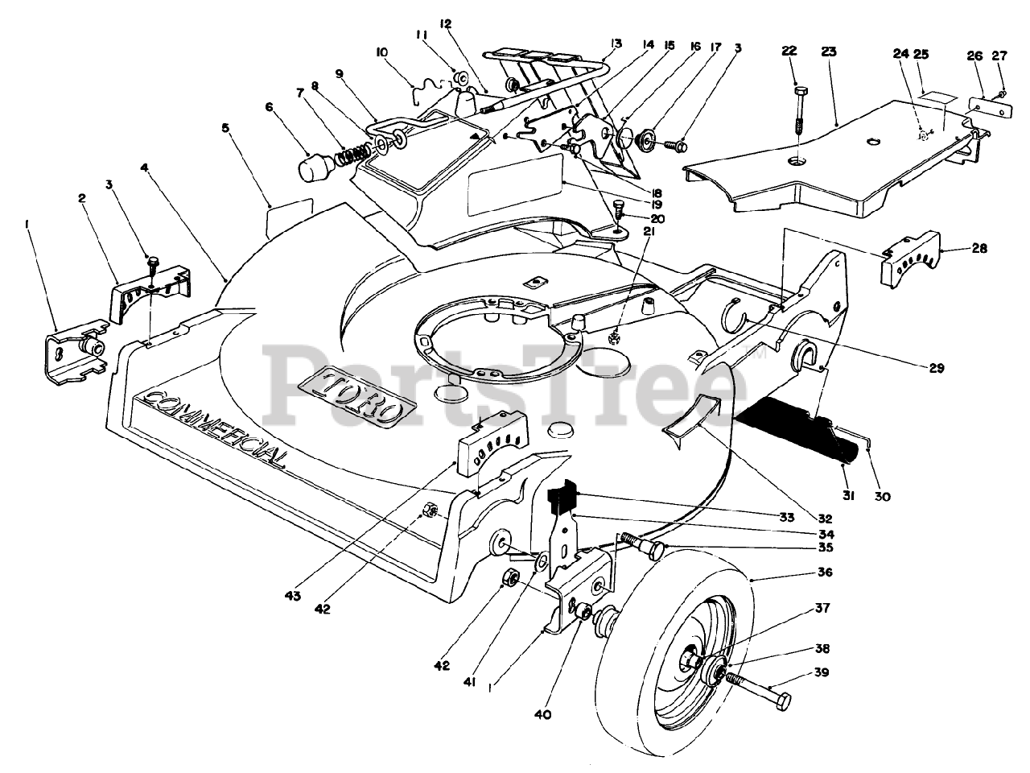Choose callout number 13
(616, 43)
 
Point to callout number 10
(381, 53)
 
